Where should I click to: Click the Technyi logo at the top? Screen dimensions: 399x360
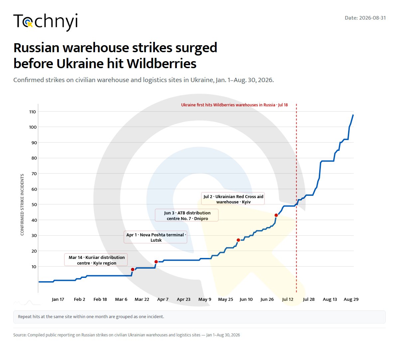point(45,22)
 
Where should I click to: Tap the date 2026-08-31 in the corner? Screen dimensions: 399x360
point(372,18)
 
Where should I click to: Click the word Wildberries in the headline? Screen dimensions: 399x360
point(162,63)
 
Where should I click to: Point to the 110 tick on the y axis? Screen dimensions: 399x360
point(33,112)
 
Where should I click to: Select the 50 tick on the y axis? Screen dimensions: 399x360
point(34,204)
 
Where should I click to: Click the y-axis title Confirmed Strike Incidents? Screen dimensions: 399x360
point(22,205)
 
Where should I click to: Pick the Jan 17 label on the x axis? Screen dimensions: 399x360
point(58,300)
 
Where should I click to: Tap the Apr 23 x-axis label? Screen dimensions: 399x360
point(184,300)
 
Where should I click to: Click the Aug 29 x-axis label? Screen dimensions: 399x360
point(351,300)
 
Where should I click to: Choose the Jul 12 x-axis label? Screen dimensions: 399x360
point(288,300)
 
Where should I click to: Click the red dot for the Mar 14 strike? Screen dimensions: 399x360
point(133,270)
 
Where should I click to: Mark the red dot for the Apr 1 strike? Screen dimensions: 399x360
point(156,262)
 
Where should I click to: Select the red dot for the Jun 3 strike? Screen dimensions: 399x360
point(238,240)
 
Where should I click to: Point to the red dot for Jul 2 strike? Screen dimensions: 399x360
point(276,215)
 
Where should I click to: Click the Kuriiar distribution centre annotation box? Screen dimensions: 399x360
point(96,260)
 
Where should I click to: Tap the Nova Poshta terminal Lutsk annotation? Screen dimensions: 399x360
point(155,237)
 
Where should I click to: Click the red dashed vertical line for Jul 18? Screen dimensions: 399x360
point(296,198)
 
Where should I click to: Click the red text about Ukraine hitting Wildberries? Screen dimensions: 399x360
point(234,105)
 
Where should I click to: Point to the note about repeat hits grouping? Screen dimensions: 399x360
point(91,316)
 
